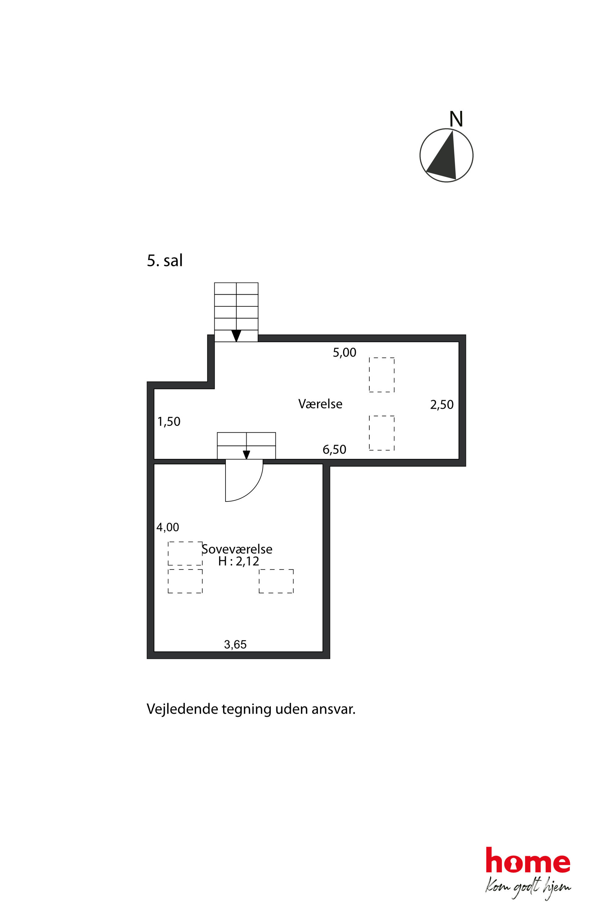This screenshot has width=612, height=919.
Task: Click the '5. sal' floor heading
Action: coord(164,261)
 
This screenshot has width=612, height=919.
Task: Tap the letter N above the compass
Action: coord(456,119)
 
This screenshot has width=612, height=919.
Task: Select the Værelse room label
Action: coord(320,404)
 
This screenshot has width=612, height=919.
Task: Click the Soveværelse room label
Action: coord(237,549)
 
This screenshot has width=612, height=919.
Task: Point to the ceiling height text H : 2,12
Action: coord(238,561)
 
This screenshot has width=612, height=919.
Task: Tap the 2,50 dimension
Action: coord(442,405)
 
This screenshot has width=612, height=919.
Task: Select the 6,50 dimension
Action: coord(334,449)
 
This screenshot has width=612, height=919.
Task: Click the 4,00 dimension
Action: coord(167,527)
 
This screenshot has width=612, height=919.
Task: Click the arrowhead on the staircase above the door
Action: coord(246,455)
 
